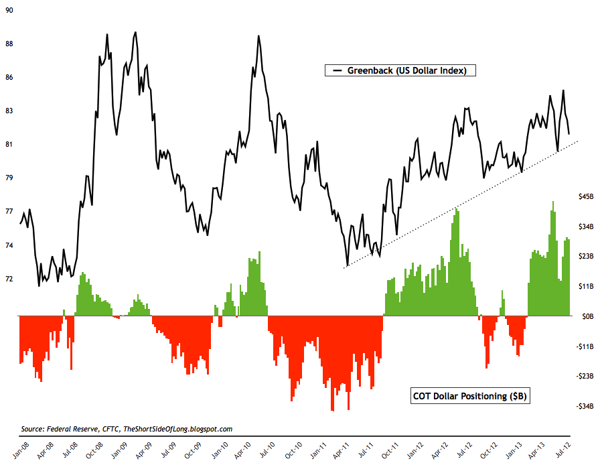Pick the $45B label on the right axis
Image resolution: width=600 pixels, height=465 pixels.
click(585, 196)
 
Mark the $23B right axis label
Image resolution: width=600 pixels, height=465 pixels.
click(585, 256)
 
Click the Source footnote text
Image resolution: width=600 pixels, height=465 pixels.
click(127, 428)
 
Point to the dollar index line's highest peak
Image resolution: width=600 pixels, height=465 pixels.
click(135, 32)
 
